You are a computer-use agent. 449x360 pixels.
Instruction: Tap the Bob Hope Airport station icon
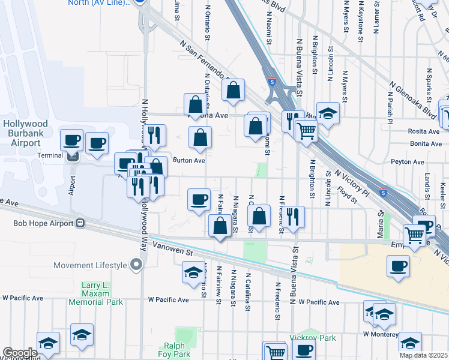click(x=79, y=223)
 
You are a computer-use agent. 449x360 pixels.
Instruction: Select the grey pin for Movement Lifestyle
click(x=137, y=264)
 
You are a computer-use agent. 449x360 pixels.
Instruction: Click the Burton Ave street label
click(x=189, y=160)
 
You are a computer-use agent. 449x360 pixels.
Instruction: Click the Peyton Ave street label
click(x=425, y=161)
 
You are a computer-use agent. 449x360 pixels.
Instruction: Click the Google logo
click(x=20, y=353)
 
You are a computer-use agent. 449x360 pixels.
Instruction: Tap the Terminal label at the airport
click(x=50, y=155)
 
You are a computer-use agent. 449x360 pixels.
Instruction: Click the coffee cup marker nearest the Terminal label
click(x=71, y=140)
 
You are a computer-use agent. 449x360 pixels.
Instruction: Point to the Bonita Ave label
click(x=426, y=144)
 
